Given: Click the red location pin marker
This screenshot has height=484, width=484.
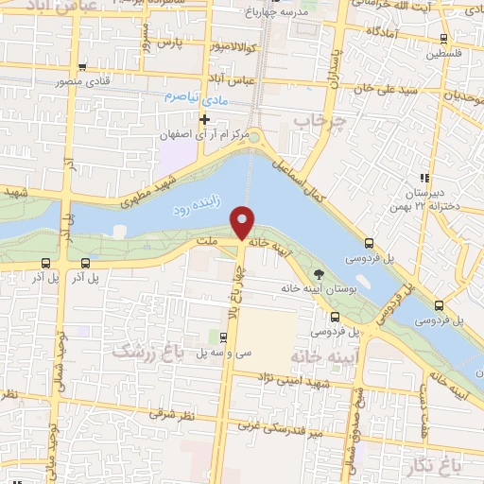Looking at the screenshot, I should [x=243, y=222].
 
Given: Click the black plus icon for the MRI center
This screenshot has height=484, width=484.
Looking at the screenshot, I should [x=204, y=118].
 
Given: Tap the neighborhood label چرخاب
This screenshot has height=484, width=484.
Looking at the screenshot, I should [x=315, y=122].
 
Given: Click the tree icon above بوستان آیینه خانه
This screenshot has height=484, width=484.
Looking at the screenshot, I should [x=319, y=274].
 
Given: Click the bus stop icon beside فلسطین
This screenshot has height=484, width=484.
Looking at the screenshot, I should [x=444, y=39].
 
